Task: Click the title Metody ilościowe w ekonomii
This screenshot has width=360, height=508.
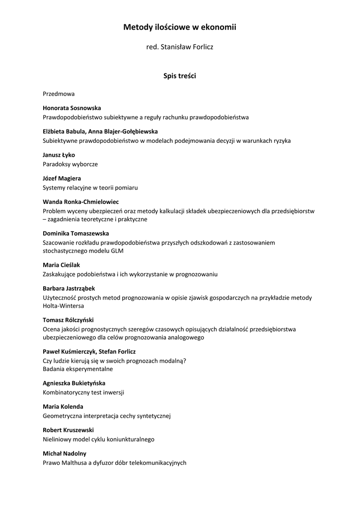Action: pyautogui.click(x=180, y=28)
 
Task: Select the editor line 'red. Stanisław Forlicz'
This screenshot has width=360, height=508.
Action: pyautogui.click(x=180, y=47)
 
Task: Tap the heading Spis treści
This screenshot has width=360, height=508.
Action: pyautogui.click(x=180, y=76)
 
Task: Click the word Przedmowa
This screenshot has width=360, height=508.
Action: pyautogui.click(x=59, y=93)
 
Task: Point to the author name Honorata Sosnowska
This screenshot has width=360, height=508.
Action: pyautogui.click(x=72, y=108)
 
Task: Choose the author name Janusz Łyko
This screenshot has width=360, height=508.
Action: pyautogui.click(x=59, y=155)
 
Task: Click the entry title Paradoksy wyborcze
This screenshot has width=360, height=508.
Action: pyautogui.click(x=70, y=164)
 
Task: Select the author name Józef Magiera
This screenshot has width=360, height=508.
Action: pyautogui.click(x=62, y=178)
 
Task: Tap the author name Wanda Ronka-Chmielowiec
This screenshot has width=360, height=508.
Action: pyautogui.click(x=80, y=202)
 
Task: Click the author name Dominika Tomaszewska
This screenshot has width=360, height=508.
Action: pyautogui.click(x=75, y=233)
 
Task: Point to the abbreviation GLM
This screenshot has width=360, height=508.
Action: pyautogui.click(x=117, y=251)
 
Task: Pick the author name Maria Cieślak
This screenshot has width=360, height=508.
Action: pyautogui.click(x=61, y=265)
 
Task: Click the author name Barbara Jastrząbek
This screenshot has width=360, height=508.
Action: pyautogui.click(x=69, y=288)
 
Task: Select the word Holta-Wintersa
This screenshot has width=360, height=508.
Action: pyautogui.click(x=63, y=306)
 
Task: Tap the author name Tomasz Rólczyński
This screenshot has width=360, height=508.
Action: pyautogui.click(x=68, y=320)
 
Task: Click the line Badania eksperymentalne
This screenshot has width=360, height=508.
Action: pyautogui.click(x=78, y=369)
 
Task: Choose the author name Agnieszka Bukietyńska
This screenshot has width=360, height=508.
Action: pyautogui.click(x=74, y=383)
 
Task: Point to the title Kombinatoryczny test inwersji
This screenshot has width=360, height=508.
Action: pyautogui.click(x=83, y=392)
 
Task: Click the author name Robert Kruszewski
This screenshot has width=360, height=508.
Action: pyautogui.click(x=68, y=430)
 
